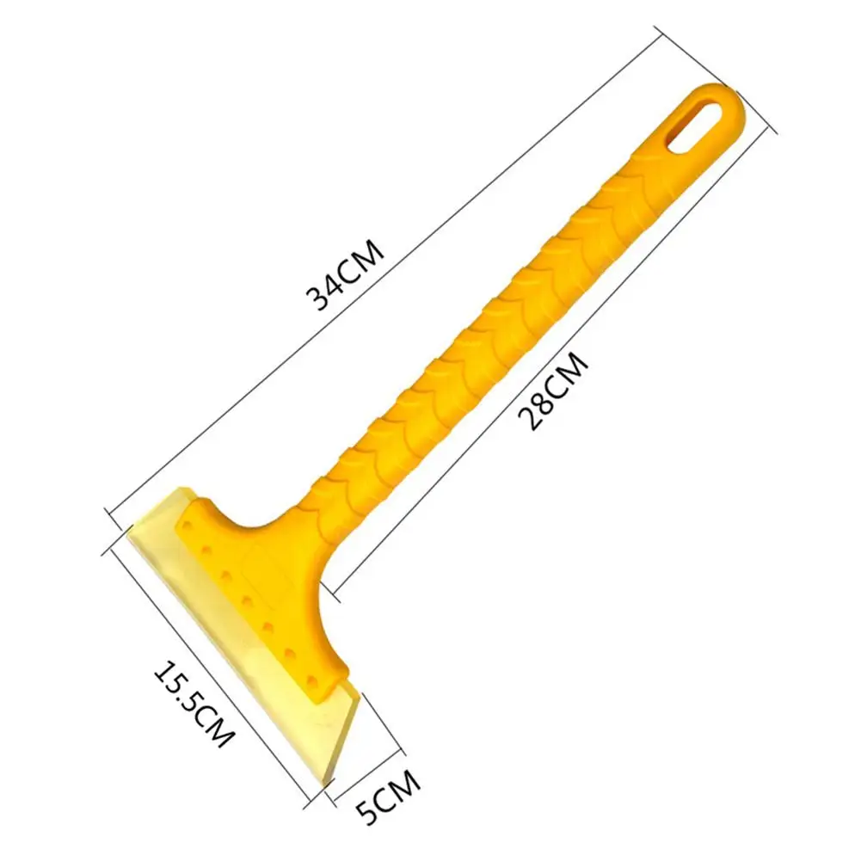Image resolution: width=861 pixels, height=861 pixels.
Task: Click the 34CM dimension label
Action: pyautogui.click(x=344, y=275)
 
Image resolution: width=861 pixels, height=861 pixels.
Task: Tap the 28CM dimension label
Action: pyautogui.click(x=553, y=391)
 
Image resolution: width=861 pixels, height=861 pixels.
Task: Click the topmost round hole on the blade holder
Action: pyautogui.click(x=188, y=526)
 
